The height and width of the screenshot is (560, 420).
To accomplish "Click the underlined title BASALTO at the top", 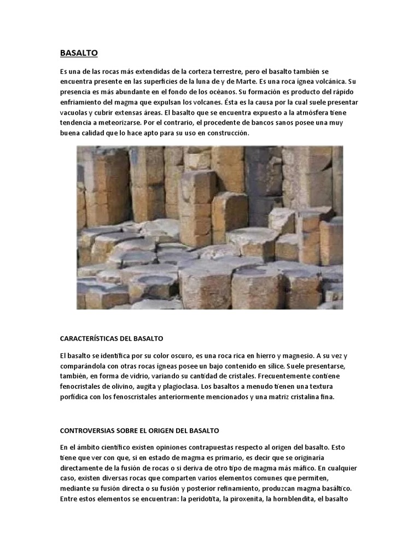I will coord(79,53).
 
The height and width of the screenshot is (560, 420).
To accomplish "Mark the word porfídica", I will coord(75,397).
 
